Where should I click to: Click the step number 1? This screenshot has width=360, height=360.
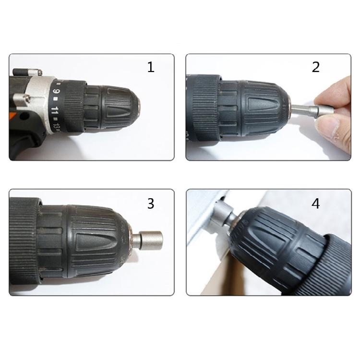[x=151, y=67]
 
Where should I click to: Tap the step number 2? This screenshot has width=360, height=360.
[x=315, y=67]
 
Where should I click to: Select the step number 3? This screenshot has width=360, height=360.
[x=151, y=203]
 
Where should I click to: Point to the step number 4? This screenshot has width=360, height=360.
[x=315, y=204]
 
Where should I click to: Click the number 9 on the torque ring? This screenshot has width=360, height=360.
[x=57, y=91]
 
